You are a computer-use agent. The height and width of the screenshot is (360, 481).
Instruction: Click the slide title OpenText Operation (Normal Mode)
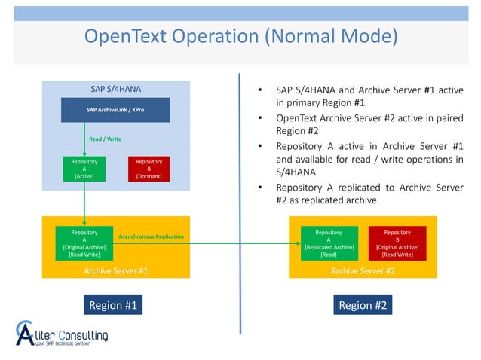[x=240, y=36]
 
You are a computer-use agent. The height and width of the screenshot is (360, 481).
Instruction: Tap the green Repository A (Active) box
[x=84, y=169]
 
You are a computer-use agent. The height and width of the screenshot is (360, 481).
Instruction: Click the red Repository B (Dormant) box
[x=149, y=169]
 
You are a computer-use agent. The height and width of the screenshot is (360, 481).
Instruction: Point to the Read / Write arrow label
[x=105, y=139]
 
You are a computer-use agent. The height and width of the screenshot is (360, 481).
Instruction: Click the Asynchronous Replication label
[x=151, y=237]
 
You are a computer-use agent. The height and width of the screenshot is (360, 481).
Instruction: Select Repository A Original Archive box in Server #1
[x=83, y=243]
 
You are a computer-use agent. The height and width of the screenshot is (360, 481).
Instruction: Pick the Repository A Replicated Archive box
[x=328, y=243]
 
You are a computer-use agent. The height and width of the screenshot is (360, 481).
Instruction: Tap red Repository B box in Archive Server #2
[x=397, y=243]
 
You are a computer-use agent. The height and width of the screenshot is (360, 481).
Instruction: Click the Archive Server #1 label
[x=115, y=270]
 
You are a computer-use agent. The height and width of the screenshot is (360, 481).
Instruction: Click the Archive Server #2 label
[x=363, y=270]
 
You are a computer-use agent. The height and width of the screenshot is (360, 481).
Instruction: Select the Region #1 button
[x=113, y=305]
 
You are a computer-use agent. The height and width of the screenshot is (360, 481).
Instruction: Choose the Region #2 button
[x=363, y=305]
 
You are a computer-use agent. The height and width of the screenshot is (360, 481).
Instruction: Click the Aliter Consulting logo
[x=62, y=332]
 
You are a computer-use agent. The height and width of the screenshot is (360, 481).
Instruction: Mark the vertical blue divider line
[x=240, y=203]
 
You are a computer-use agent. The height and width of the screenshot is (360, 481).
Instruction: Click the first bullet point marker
[x=259, y=91]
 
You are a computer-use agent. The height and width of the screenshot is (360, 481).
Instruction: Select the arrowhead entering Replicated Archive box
[x=299, y=243]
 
